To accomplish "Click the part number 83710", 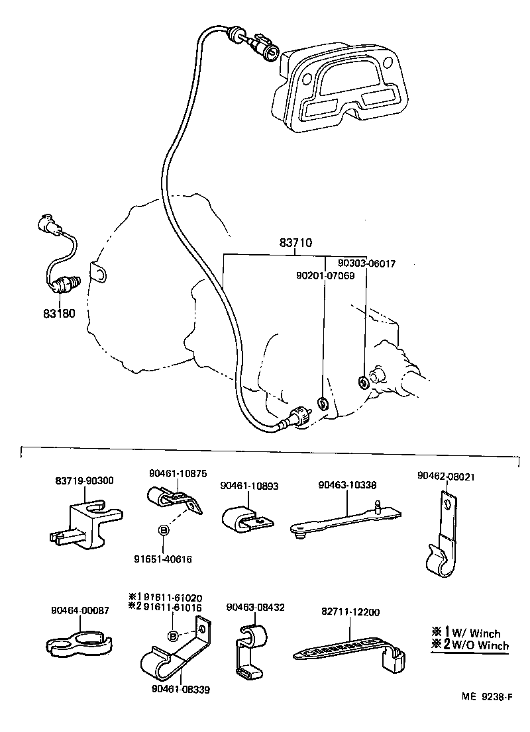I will [295, 244].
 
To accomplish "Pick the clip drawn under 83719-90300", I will [84, 522].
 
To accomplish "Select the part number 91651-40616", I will [161, 559].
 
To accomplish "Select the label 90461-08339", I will [179, 690].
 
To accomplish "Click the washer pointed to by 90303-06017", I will [363, 382].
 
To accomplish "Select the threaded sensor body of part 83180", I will [66, 284].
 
